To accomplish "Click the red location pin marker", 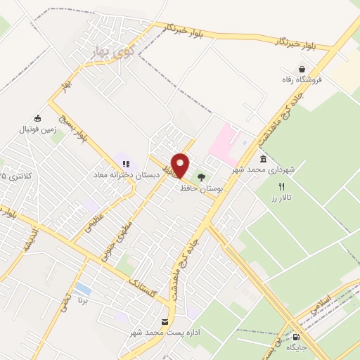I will [x=181, y=165].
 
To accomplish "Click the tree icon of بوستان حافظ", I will [x=202, y=176].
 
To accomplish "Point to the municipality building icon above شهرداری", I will [x=263, y=158].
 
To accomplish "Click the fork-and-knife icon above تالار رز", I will [x=282, y=187].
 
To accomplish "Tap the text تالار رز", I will [x=285, y=199].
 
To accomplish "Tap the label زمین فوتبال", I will [x=36, y=130].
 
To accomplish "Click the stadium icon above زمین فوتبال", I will [x=37, y=119].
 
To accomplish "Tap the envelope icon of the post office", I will [x=165, y=323].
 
